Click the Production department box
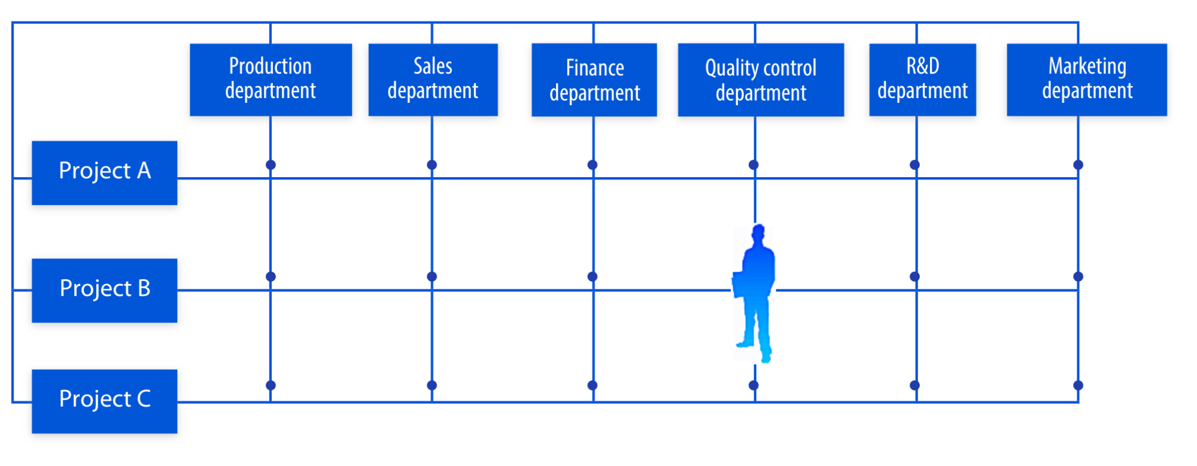click(271, 80)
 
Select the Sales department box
click(433, 80)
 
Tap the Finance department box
click(594, 80)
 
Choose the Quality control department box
click(761, 80)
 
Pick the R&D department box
click(922, 80)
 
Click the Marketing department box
click(1087, 80)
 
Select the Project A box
click(105, 173)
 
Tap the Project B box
click(105, 290)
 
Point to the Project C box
click(105, 401)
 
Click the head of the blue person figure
click(759, 233)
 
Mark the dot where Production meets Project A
click(271, 165)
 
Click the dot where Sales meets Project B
click(432, 276)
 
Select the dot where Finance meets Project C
click(593, 385)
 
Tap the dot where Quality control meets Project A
click(754, 165)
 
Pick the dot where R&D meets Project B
click(915, 276)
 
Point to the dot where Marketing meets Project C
click(1078, 385)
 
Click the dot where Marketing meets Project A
click(1078, 165)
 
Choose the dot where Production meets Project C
click(271, 385)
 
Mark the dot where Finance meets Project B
click(593, 276)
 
